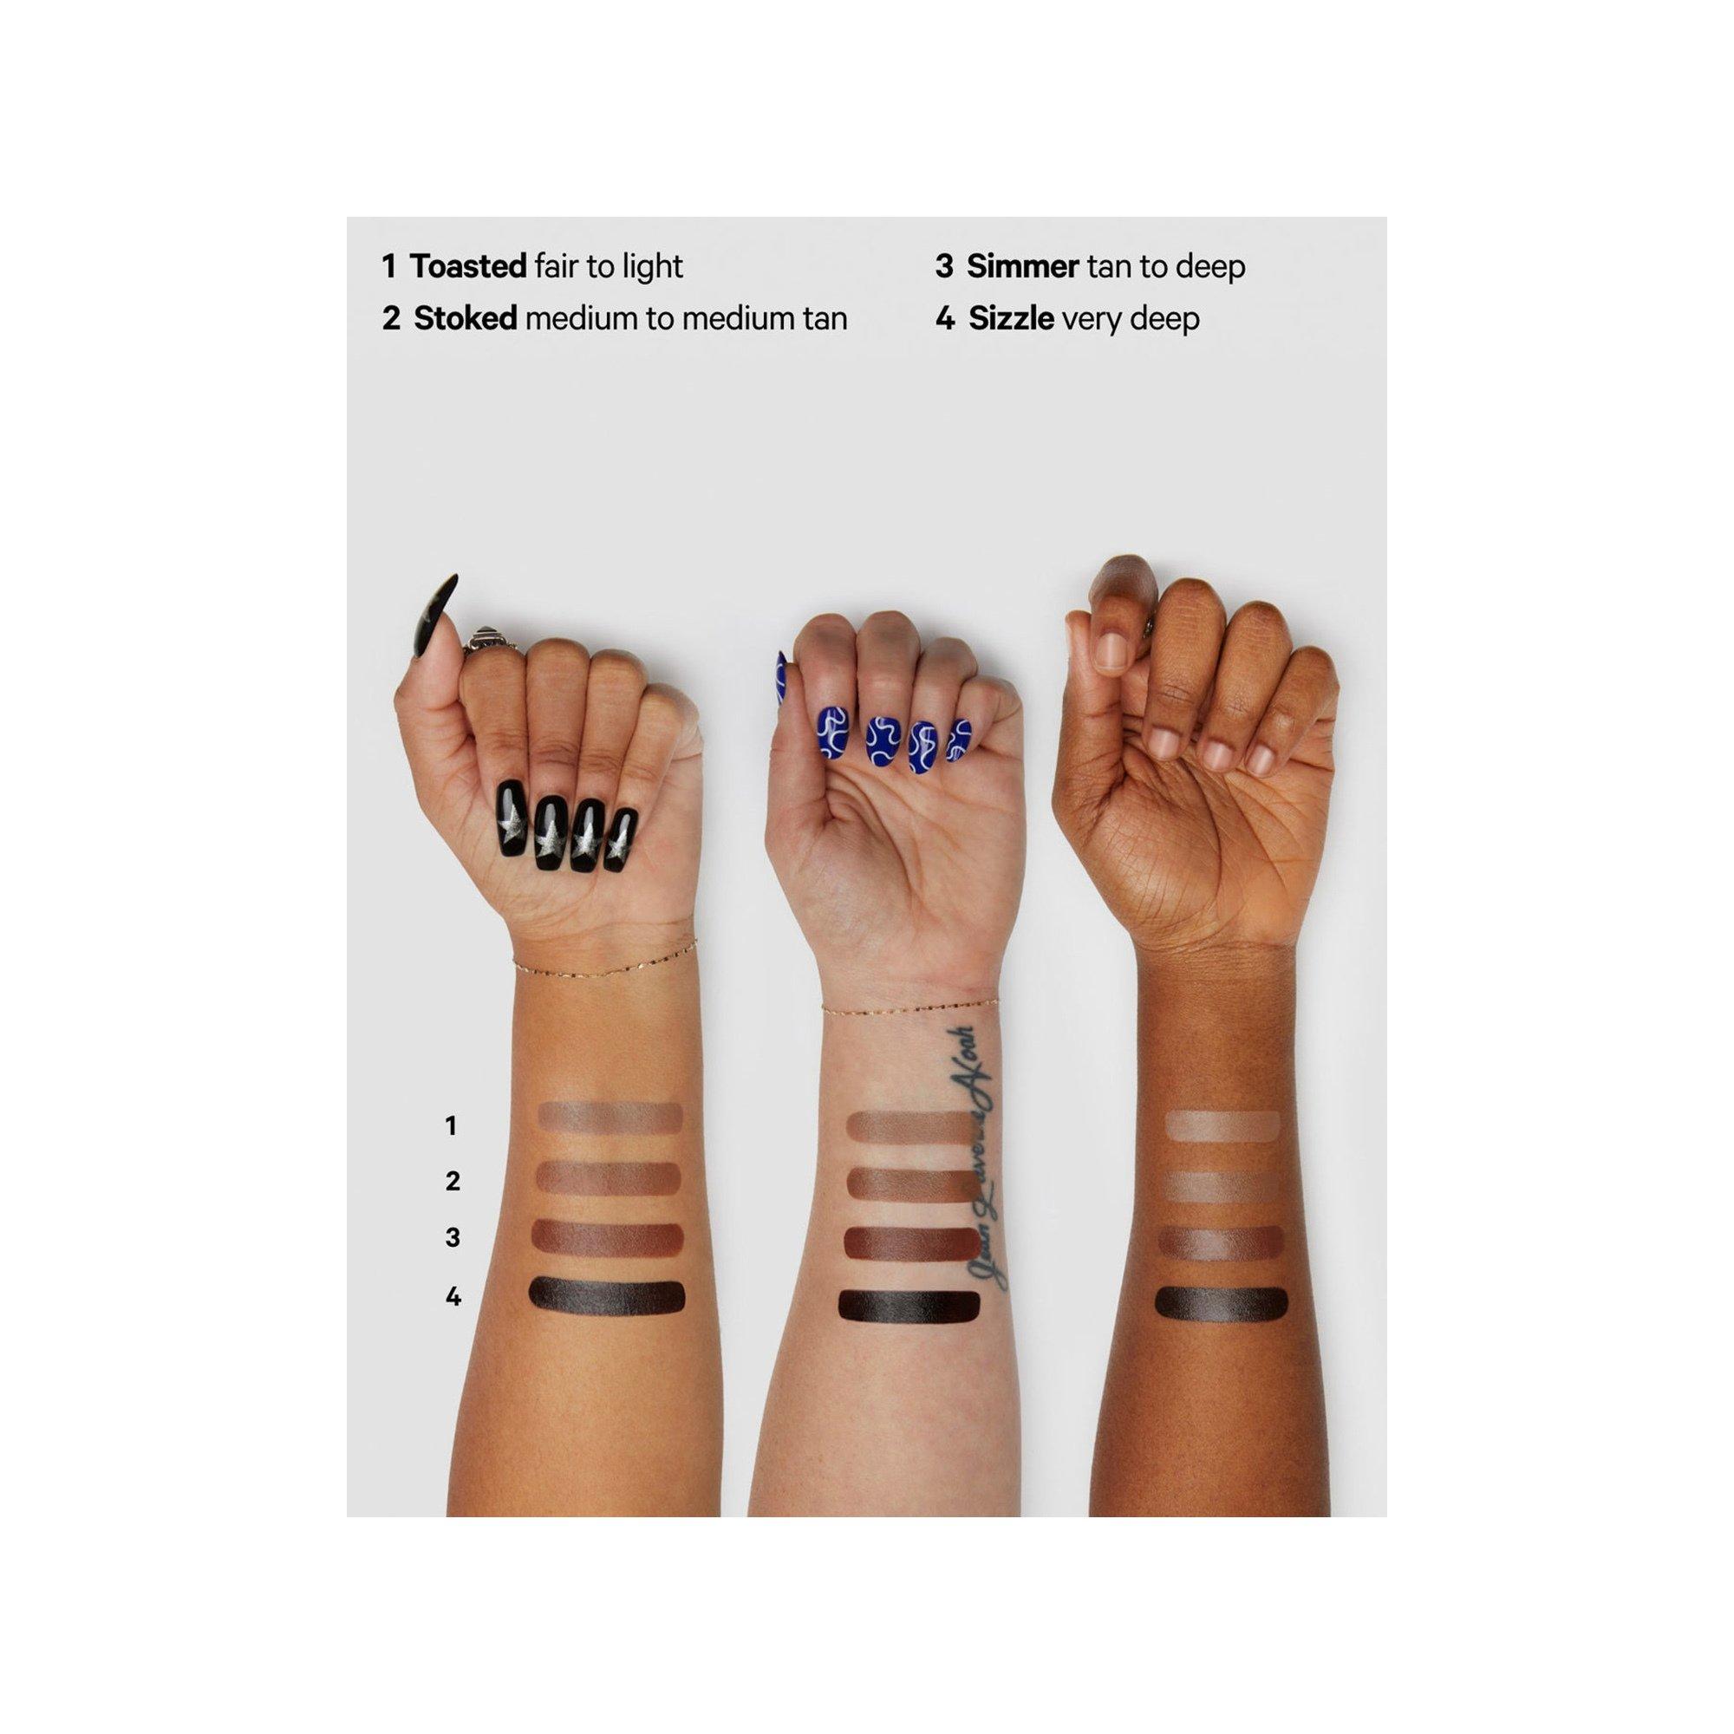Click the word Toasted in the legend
tap(467, 266)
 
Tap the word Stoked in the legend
tap(465, 318)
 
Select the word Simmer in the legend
tap(1022, 266)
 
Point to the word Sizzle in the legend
tap(1011, 318)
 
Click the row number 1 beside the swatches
tap(452, 1125)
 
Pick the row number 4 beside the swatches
tap(453, 1296)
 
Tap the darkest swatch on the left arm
tap(607, 1295)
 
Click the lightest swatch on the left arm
tap(610, 1118)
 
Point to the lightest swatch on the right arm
tap(1222, 1125)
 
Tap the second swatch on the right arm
tap(1222, 1185)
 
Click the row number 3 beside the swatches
tap(453, 1238)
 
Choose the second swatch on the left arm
tap(609, 1178)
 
